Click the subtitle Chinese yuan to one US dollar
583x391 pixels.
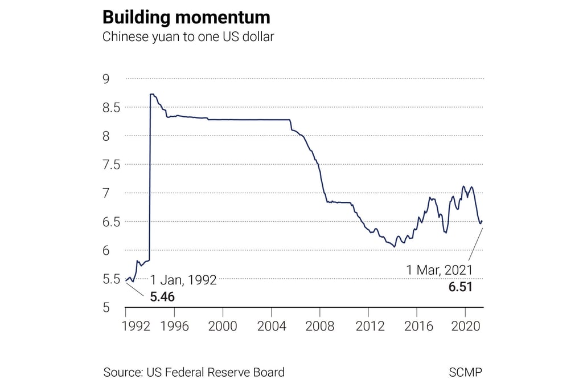pyautogui.click(x=188, y=38)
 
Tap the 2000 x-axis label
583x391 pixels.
pyautogui.click(x=223, y=327)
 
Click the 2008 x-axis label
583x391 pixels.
pyautogui.click(x=319, y=327)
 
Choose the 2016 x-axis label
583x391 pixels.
pyautogui.click(x=417, y=327)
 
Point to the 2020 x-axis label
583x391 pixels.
pyautogui.click(x=465, y=327)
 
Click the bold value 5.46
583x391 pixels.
pyautogui.click(x=162, y=297)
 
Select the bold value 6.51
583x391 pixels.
pyautogui.click(x=461, y=287)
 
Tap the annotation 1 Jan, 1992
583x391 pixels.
pyautogui.click(x=183, y=280)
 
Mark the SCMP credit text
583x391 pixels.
pyautogui.click(x=465, y=373)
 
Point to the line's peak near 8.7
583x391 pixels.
pyautogui.click(x=151, y=94)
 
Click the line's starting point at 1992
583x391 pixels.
pyautogui.click(x=126, y=280)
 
